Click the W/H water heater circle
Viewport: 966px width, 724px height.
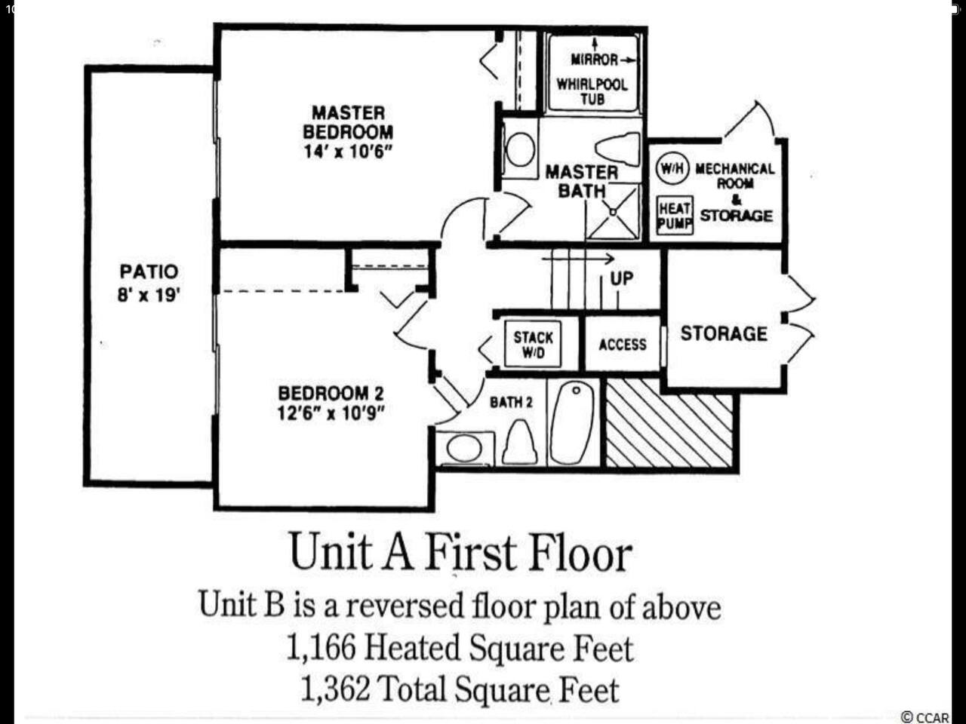pos(672,168)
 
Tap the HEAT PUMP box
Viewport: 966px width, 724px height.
pos(675,215)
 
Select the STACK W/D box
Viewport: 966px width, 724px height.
pos(533,344)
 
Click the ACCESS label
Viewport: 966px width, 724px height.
pos(623,345)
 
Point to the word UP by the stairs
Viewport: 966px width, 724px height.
pos(622,278)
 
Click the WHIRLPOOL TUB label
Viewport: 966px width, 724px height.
pos(592,91)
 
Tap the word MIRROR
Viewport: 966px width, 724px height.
pos(595,60)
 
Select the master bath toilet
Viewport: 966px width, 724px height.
pos(617,149)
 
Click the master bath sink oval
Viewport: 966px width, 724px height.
pos(521,149)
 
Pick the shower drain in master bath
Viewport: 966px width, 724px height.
pos(613,212)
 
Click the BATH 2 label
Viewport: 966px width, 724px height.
pos(511,402)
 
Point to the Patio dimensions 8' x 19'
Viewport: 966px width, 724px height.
pos(149,295)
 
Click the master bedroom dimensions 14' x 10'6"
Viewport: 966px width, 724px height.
pos(348,152)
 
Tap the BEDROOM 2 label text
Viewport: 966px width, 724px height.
pos(331,393)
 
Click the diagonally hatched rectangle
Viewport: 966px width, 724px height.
pos(669,423)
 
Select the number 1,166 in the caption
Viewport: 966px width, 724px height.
pos(321,648)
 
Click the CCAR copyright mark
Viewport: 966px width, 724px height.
pos(924,717)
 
